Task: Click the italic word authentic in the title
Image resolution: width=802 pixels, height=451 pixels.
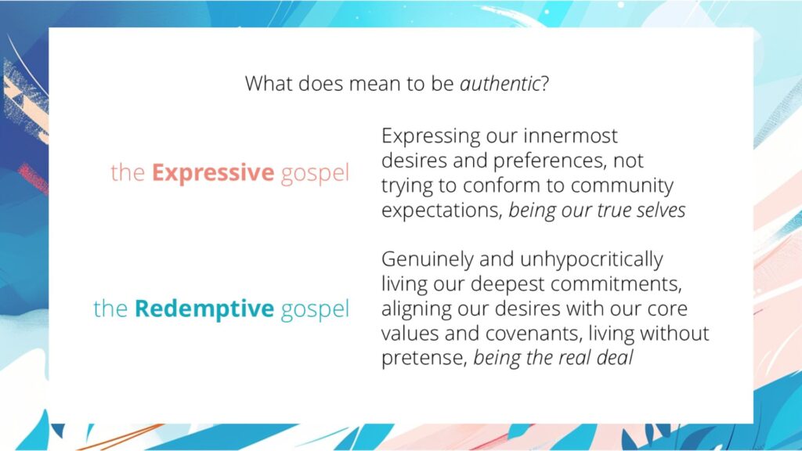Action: pos(500,84)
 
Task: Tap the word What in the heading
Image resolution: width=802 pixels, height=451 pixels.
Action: pos(269,84)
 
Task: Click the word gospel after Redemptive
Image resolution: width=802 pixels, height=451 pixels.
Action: pos(314,309)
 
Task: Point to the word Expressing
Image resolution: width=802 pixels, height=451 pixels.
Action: pos(431,136)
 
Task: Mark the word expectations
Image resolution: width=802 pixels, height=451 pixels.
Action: pos(441,211)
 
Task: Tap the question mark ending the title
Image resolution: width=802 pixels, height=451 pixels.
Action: pos(544,84)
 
